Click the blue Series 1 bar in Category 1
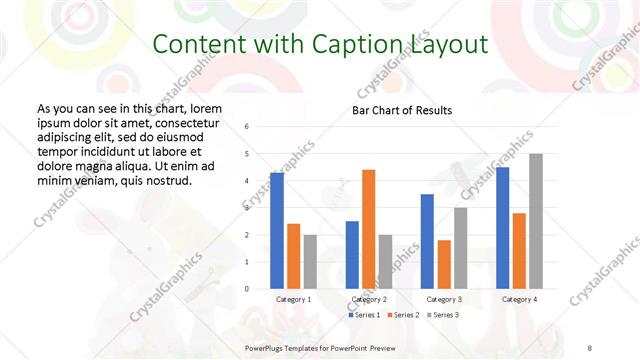277,231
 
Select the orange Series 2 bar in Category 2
369,229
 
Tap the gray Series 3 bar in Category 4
536,221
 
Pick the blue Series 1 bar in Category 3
427,241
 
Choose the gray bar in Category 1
311,262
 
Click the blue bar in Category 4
502,228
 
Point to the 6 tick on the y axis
247,127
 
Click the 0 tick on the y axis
247,289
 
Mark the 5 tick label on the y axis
247,154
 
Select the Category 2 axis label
370,299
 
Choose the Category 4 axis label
519,299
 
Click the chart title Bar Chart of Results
403,110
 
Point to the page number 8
590,346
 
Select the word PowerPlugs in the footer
269,346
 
